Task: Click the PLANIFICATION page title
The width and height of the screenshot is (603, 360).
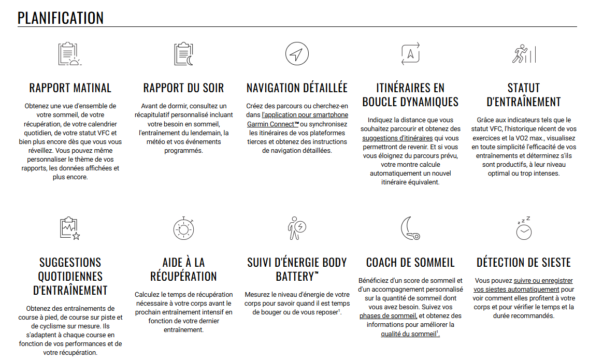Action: pyautogui.click(x=61, y=18)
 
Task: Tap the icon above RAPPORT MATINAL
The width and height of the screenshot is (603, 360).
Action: pyautogui.click(x=69, y=54)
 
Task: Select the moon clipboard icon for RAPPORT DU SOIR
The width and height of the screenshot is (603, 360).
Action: pyautogui.click(x=184, y=54)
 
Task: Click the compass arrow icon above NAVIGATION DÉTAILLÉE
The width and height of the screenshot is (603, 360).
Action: pyautogui.click(x=297, y=54)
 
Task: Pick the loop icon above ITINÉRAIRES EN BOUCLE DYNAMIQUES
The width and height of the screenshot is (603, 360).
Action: pyautogui.click(x=410, y=54)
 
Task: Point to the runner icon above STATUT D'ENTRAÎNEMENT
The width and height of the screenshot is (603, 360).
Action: pyautogui.click(x=523, y=54)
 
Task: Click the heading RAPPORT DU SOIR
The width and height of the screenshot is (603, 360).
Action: pyautogui.click(x=184, y=88)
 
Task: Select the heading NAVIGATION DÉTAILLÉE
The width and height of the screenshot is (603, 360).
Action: pyautogui.click(x=297, y=88)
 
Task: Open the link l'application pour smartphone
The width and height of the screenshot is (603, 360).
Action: pyautogui.click(x=305, y=115)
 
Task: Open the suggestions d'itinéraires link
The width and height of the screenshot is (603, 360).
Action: pyautogui.click(x=397, y=138)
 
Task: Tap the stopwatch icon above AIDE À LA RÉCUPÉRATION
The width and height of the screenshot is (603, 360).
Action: pyautogui.click(x=184, y=228)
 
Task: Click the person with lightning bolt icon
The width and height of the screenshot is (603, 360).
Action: pyautogui.click(x=297, y=228)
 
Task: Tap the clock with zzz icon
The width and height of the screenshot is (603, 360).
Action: pyautogui.click(x=523, y=228)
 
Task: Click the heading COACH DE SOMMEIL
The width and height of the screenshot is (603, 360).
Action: pyautogui.click(x=410, y=262)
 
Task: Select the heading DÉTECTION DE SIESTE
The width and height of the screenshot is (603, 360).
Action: pyautogui.click(x=523, y=262)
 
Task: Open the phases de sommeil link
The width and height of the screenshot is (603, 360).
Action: pyautogui.click(x=388, y=315)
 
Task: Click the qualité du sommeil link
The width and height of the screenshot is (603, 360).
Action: pyautogui.click(x=409, y=334)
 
